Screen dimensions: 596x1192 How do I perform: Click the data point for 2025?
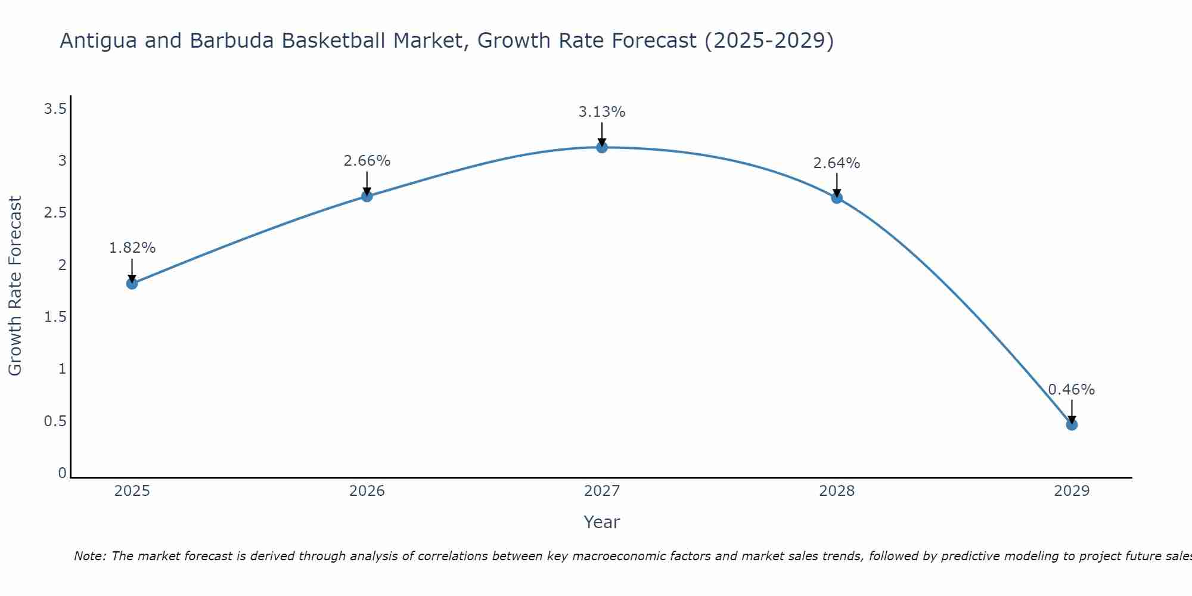[x=132, y=283]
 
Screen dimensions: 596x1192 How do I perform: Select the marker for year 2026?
[x=367, y=196]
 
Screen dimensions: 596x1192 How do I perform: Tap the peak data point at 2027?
[x=602, y=147]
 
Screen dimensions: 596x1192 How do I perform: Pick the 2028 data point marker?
[x=837, y=198]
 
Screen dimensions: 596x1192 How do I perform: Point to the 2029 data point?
[x=1072, y=424]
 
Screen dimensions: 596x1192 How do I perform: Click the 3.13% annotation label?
[x=602, y=112]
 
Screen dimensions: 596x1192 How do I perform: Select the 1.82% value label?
[x=132, y=248]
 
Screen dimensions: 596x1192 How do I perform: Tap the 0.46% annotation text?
[x=1072, y=390]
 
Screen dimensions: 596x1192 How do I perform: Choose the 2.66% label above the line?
[x=367, y=161]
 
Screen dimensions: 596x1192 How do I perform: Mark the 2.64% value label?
[x=837, y=163]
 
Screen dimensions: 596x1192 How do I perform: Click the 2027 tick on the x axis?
[x=602, y=491]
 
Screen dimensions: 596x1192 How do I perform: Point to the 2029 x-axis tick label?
[x=1072, y=491]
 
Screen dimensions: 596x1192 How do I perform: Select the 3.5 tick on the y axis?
[x=55, y=109]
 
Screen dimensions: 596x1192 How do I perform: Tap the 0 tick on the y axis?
[x=62, y=473]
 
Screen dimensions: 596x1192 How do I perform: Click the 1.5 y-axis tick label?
[x=55, y=317]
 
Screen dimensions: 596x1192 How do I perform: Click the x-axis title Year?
[x=602, y=522]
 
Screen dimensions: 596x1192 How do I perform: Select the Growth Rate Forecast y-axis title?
[x=15, y=286]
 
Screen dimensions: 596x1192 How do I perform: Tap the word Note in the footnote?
[x=89, y=556]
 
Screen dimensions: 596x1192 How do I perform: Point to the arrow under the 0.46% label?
[x=1072, y=411]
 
